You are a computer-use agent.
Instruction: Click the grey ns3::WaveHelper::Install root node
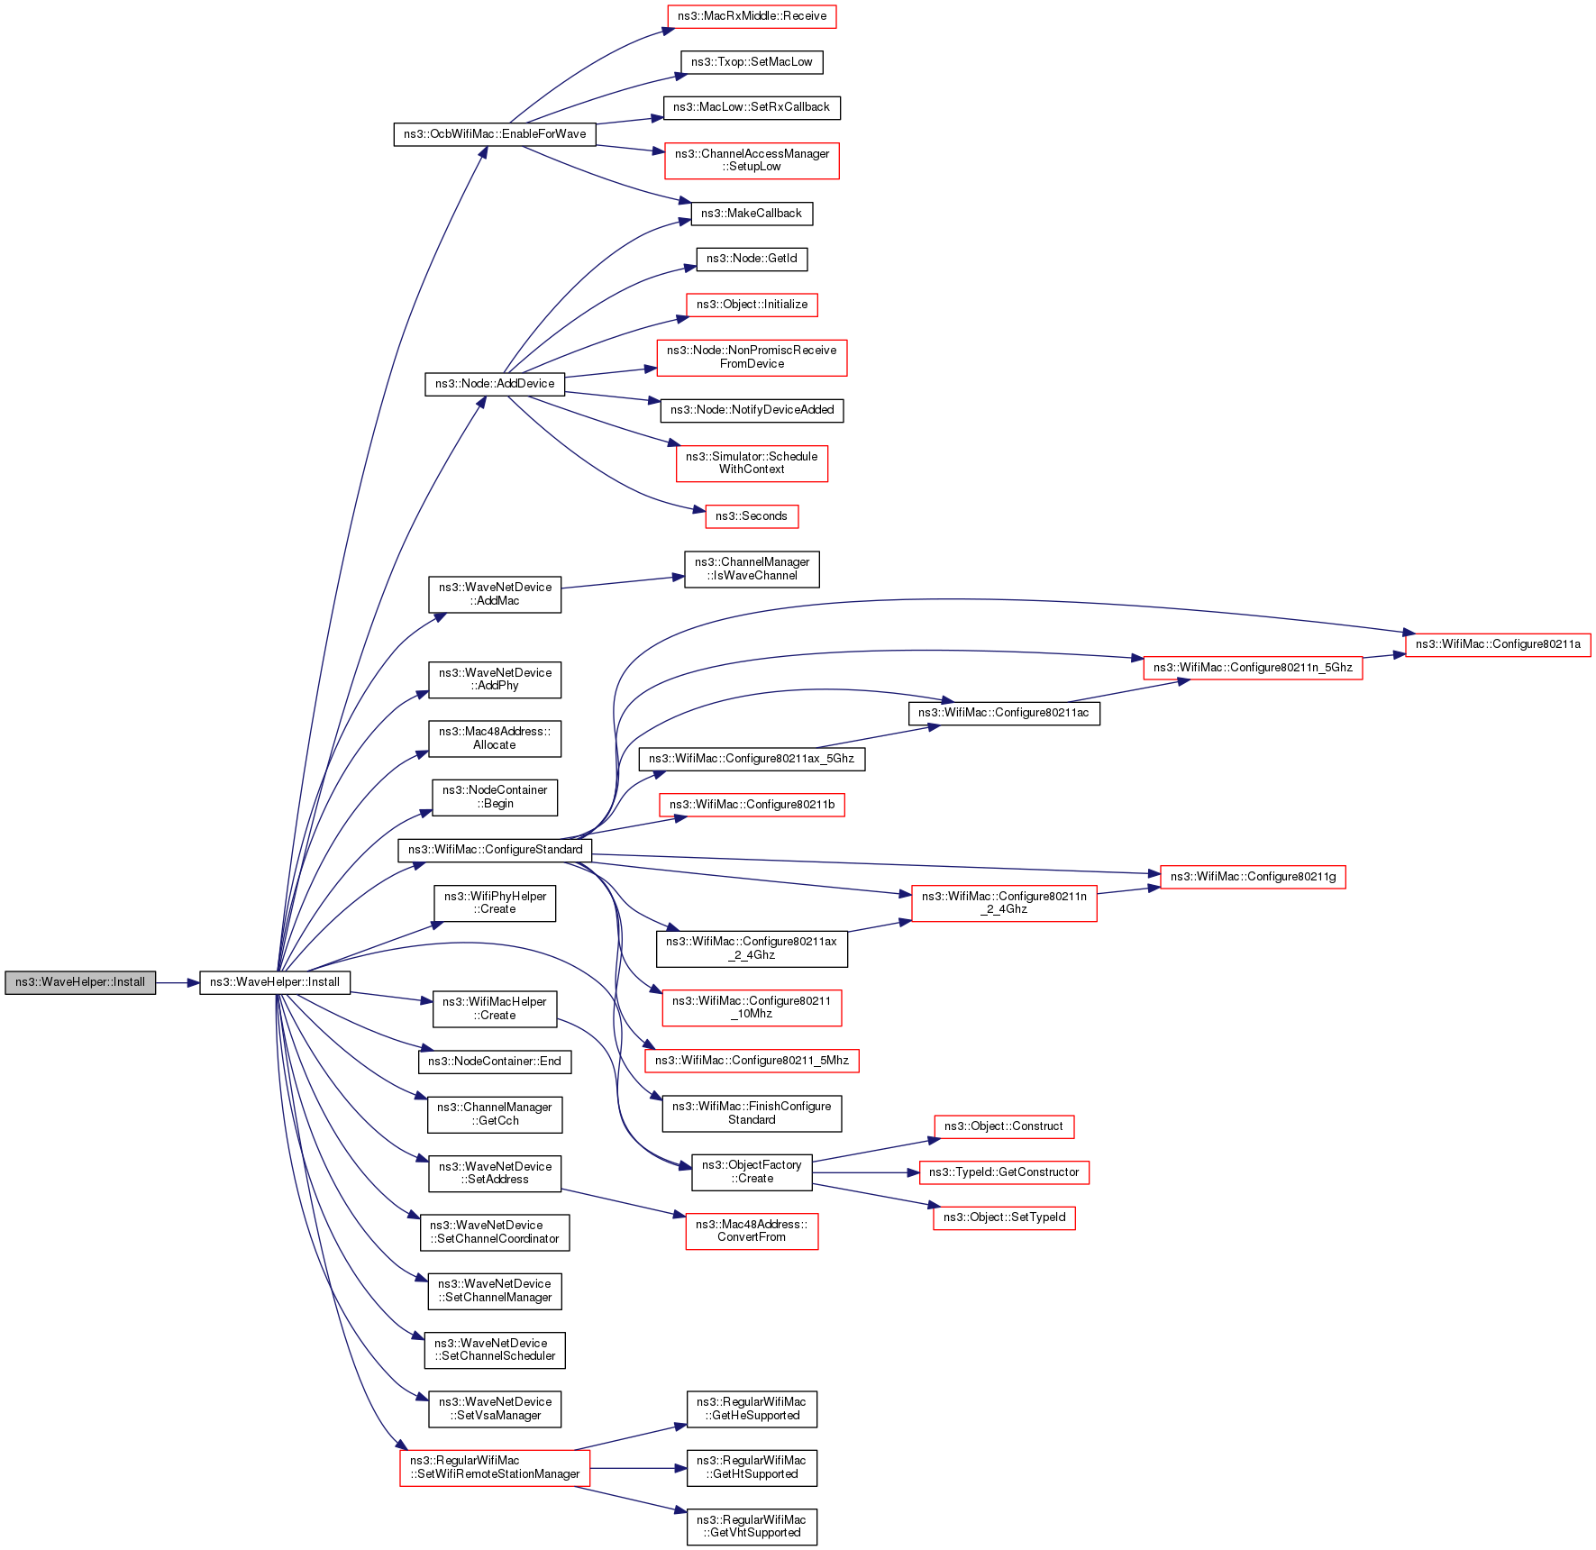(80, 982)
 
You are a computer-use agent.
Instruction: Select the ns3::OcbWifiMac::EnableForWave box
(495, 134)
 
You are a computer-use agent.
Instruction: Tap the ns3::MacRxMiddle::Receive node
(752, 16)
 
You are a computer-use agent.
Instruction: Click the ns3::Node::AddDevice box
(495, 384)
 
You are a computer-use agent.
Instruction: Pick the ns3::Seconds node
(752, 516)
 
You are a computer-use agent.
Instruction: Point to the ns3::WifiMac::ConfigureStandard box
(495, 850)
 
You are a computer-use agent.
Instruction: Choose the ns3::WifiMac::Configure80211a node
(1498, 644)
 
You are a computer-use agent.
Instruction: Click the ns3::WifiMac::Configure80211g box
(1253, 877)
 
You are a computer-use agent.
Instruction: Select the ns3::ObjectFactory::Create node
(752, 1172)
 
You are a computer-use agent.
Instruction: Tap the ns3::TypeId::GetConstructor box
(1004, 1172)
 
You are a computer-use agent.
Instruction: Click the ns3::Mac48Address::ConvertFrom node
(752, 1231)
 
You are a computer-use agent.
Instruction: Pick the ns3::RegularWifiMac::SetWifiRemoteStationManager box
(495, 1467)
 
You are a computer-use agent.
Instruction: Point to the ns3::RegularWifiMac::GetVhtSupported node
(752, 1527)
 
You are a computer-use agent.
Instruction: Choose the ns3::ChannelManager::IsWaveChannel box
(752, 569)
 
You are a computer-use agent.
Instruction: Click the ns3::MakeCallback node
(752, 214)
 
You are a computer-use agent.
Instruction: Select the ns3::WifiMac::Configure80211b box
(752, 805)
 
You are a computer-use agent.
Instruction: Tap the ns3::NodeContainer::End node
(495, 1062)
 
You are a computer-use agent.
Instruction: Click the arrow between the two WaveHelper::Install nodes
(178, 982)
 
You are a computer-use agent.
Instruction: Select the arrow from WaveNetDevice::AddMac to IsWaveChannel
(622, 582)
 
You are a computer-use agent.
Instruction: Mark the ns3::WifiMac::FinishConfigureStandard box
(752, 1113)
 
